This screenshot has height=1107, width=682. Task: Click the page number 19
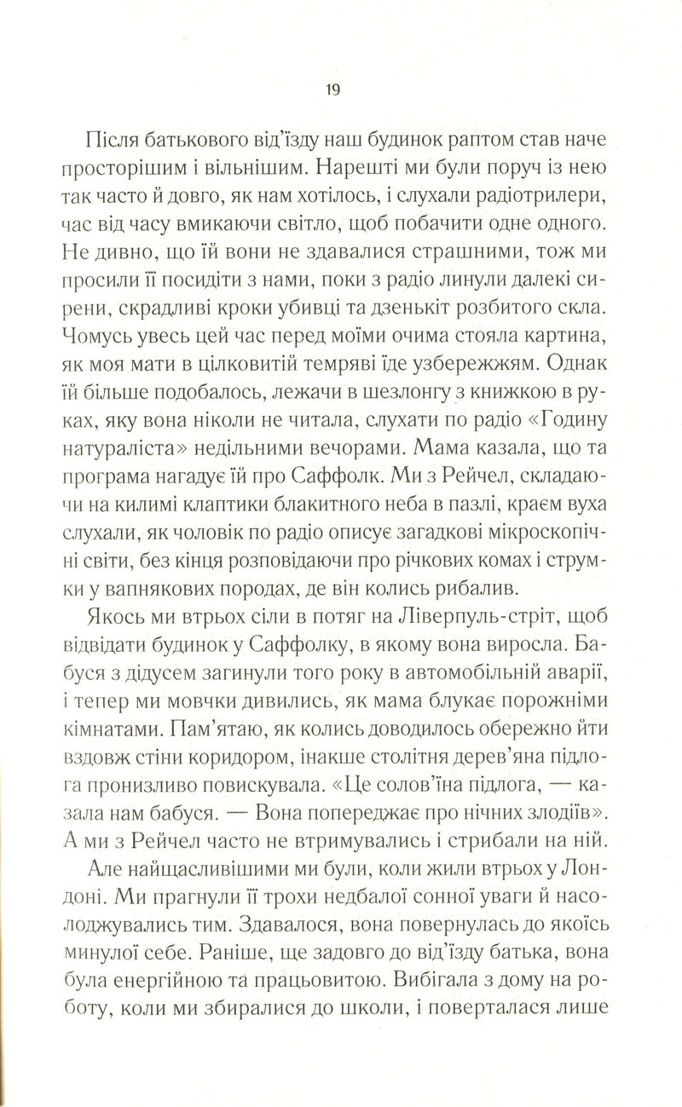332,89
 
